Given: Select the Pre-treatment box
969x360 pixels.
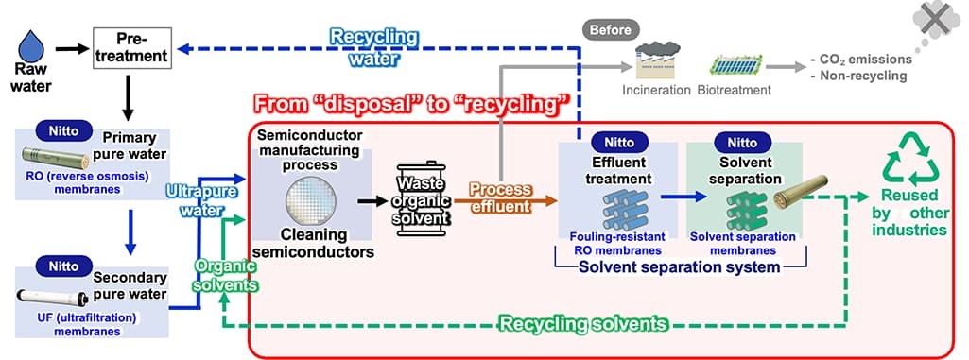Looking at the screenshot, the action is pyautogui.click(x=131, y=48).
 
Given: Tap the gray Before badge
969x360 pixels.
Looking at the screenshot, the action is pyautogui.click(x=610, y=29).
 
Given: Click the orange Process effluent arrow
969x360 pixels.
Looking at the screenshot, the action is pyautogui.click(x=505, y=200).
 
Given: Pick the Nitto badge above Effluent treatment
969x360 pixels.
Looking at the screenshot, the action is pyautogui.click(x=619, y=142).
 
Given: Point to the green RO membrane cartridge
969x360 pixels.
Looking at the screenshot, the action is pyautogui.click(x=56, y=159).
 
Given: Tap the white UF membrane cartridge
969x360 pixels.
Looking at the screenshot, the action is pyautogui.click(x=53, y=297).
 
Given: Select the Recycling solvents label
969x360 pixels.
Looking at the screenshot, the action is pyautogui.click(x=583, y=323).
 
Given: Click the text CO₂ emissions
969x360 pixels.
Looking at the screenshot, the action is pyautogui.click(x=860, y=60).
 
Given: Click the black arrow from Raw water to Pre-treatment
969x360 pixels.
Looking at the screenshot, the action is pyautogui.click(x=72, y=48).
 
